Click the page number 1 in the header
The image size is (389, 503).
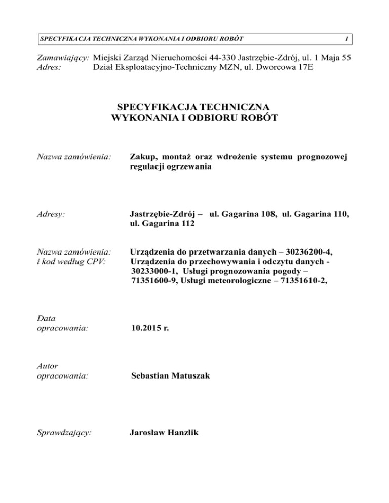[x=345, y=39]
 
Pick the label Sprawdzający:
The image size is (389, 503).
[x=64, y=433]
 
